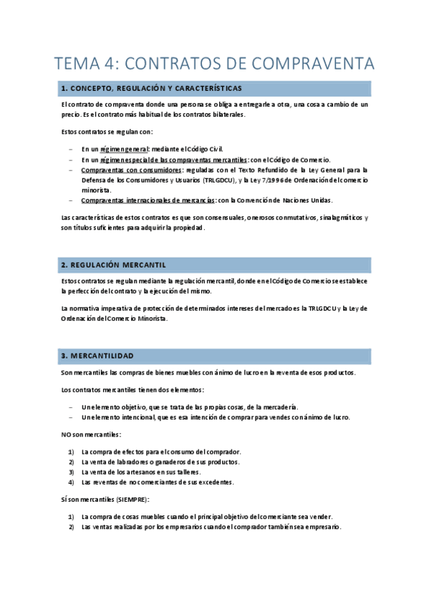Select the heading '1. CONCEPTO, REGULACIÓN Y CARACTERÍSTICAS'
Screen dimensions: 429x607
(151, 89)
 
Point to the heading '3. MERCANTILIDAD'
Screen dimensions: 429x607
(97, 356)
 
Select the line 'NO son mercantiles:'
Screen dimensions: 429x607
(91, 434)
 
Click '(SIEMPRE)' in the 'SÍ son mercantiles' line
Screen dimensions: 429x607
(127, 500)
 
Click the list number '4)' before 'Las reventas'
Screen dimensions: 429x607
(71, 482)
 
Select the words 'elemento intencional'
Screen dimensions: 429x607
(120, 417)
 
